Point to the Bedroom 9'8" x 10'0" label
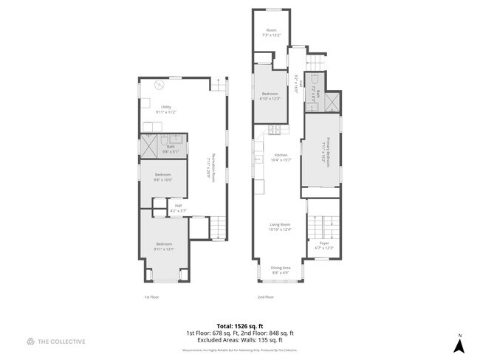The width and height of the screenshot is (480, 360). coord(162,177)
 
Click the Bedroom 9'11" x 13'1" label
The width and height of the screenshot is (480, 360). coord(163,246)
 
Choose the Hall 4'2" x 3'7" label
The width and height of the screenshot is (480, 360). coord(177,208)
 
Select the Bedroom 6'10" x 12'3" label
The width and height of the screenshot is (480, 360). coord(270,96)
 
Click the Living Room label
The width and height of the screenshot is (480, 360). coord(279,226)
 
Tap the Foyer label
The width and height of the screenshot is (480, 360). coord(324,245)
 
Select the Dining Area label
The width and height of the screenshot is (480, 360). coord(280,269)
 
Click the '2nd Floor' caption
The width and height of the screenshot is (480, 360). coord(266,297)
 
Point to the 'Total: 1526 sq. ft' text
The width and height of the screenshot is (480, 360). coord(239,325)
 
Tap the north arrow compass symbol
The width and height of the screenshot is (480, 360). coord(459,343)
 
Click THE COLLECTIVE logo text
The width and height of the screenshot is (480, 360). coord(56,342)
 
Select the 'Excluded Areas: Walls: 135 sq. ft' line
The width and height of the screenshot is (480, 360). coord(239,342)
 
